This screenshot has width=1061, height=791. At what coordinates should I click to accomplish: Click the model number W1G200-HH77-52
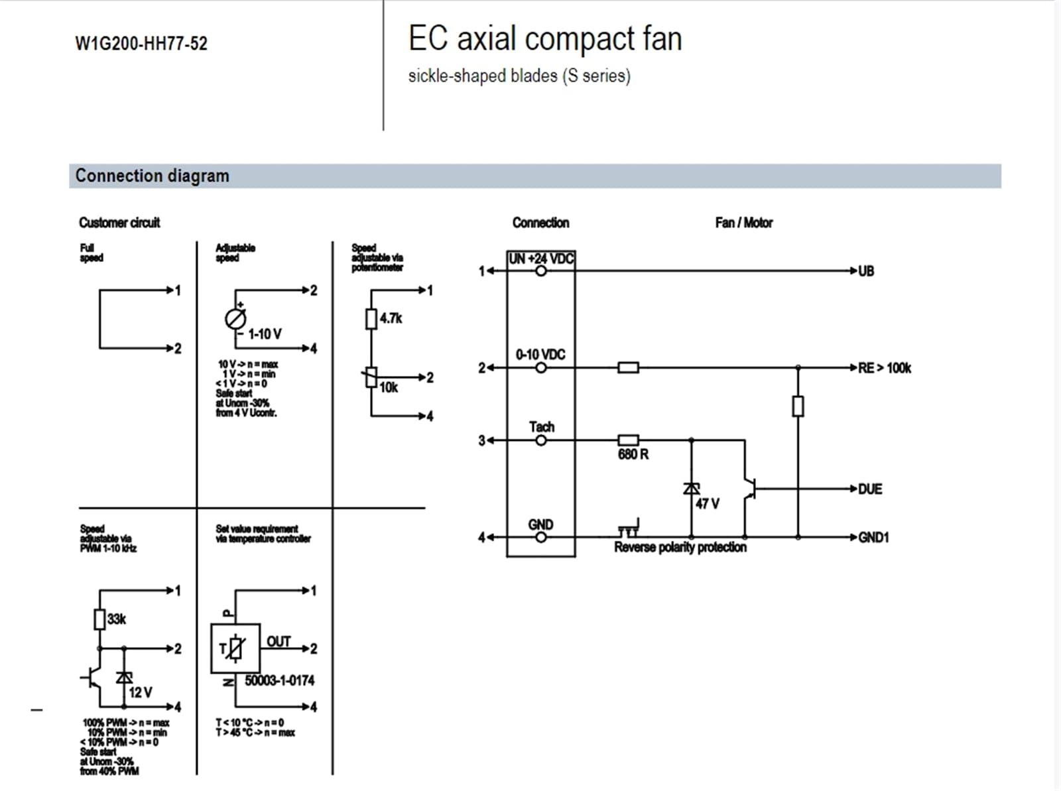[x=141, y=44]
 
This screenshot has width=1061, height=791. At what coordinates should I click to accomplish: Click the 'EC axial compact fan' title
[x=544, y=38]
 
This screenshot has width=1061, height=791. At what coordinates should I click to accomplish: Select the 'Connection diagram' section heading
[x=152, y=176]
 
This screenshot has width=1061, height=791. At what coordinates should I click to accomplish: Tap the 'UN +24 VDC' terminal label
[x=540, y=259]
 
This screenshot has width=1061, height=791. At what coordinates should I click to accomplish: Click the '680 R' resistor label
[x=633, y=454]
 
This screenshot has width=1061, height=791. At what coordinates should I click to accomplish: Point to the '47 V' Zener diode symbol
[x=691, y=489]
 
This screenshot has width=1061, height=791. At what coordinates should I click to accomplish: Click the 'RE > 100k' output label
[x=884, y=368]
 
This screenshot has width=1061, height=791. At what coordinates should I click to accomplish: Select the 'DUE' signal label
[x=869, y=489]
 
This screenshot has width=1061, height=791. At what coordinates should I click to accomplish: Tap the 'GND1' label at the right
[x=873, y=537]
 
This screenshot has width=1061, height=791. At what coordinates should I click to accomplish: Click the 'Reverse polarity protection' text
[x=680, y=547]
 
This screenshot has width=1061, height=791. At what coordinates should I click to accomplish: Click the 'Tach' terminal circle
[x=541, y=440]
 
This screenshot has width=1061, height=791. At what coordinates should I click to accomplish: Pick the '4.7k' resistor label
[x=391, y=318]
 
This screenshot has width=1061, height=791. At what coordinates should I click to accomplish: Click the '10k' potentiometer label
[x=389, y=387]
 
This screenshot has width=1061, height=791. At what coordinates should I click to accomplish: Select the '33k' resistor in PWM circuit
[x=99, y=619]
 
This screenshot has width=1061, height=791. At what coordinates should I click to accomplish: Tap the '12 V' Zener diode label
[x=140, y=692]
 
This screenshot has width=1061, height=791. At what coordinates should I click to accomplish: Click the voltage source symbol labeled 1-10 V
[x=235, y=319]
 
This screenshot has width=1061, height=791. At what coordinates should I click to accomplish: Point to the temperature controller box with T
[x=235, y=648]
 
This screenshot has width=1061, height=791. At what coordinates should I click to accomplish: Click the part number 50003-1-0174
[x=279, y=680]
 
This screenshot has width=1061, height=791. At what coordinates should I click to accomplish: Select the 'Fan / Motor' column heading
[x=743, y=223]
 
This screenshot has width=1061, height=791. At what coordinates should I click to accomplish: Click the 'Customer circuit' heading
[x=119, y=223]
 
